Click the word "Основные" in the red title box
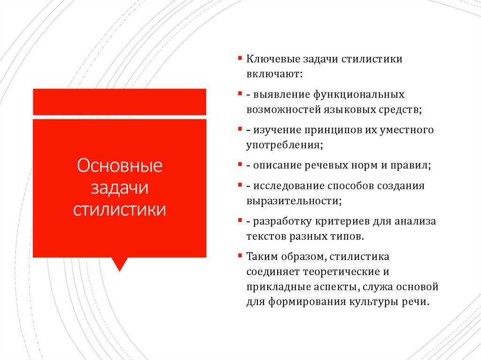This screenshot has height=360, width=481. pos(119,166)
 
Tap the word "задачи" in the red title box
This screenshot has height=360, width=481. pos(119,187)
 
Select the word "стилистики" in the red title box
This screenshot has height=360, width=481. pos(119,209)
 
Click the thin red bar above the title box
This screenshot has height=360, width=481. pos(119,101)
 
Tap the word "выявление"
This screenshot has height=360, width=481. pos(278,95)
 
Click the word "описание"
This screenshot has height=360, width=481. pos(276,165)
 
